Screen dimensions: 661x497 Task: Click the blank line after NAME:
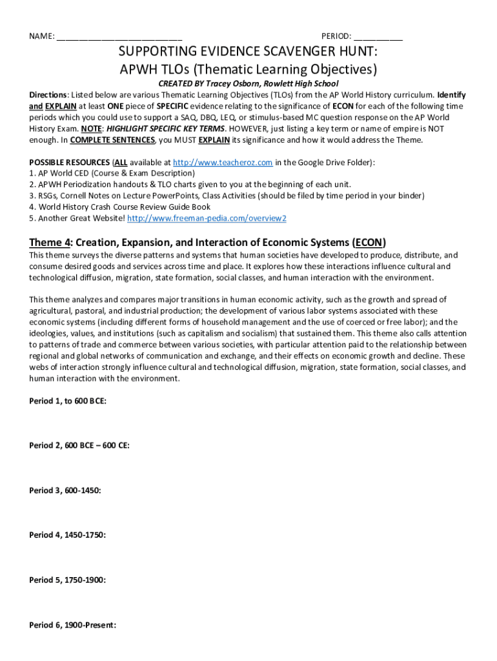tap(119, 37)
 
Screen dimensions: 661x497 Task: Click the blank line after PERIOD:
tap(378, 37)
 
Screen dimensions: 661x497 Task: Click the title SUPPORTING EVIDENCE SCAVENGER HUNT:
tap(249, 52)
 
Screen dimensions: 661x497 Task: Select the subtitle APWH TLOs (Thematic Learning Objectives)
tap(249, 69)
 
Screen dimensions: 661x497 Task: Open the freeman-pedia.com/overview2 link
tap(207, 218)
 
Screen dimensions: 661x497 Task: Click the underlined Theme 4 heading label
tap(50, 243)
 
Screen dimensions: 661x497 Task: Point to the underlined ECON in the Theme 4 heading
tap(369, 243)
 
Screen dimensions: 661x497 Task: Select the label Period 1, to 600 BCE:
tap(68, 401)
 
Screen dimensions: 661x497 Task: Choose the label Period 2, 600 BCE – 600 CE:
tap(79, 445)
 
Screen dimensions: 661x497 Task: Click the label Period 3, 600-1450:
tap(65, 491)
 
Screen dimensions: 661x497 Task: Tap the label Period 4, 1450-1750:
tap(67, 535)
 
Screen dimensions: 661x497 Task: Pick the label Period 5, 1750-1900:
tap(67, 580)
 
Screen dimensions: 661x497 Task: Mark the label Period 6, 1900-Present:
tap(72, 625)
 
